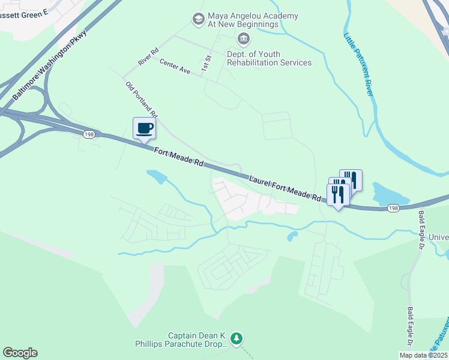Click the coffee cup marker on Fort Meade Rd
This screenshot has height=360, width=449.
pos(144,128)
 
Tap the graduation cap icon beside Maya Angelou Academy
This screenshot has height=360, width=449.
pos(197,20)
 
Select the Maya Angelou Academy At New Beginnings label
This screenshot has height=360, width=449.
pos(243,19)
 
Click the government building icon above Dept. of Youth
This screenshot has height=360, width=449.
pos(244,40)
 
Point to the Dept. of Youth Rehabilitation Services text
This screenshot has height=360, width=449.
pos(268,58)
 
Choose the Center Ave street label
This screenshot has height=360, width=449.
pos(175,66)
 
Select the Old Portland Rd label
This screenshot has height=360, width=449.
pos(142,100)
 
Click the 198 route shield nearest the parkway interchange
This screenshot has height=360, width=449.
pos(89,133)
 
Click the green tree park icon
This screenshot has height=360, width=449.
pos(237,340)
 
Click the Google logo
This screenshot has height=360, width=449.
pos(20,353)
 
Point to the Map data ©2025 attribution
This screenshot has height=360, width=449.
pos(423,355)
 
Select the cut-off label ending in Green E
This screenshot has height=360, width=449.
pos(24,11)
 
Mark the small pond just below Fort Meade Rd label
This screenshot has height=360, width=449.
pos(156,176)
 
